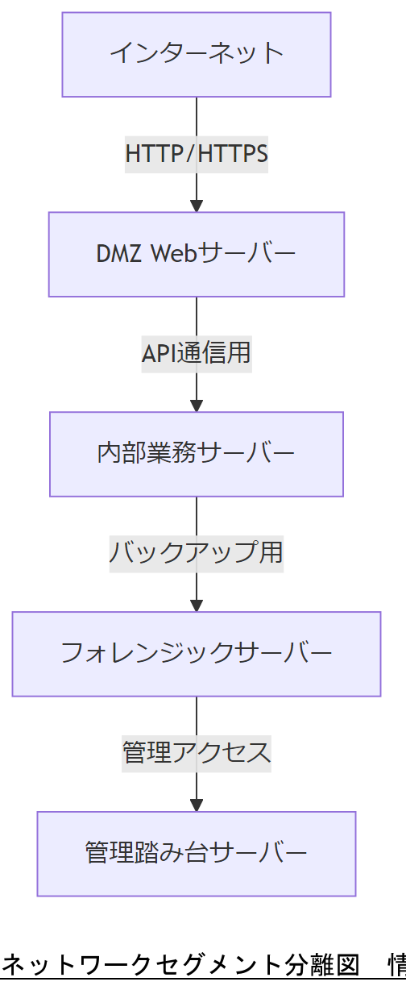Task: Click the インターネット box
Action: (x=197, y=55)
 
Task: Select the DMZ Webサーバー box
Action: (x=197, y=254)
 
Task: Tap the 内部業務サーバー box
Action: (x=197, y=454)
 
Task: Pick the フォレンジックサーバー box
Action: (x=197, y=654)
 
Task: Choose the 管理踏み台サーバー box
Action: (x=197, y=853)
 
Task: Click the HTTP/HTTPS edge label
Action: (x=197, y=153)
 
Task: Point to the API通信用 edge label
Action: (x=197, y=353)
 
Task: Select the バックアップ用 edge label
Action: (x=197, y=553)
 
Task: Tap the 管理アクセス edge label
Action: (x=197, y=753)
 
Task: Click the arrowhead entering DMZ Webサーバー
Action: (x=197, y=205)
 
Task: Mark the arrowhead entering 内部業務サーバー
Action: (x=197, y=405)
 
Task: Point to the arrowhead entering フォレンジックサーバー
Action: (x=197, y=605)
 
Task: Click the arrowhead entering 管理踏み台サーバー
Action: (x=197, y=805)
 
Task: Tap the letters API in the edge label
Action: (x=159, y=353)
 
